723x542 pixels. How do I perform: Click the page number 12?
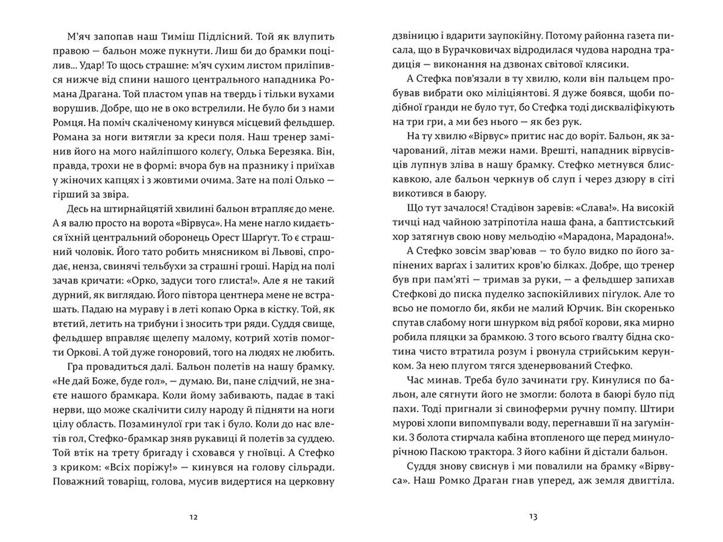[193, 517]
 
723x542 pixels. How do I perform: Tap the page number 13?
[533, 517]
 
